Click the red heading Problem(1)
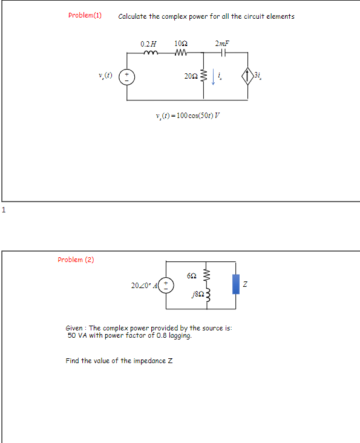click(x=85, y=16)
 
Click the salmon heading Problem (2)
click(x=76, y=260)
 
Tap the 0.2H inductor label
click(x=148, y=44)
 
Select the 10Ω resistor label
click(x=180, y=44)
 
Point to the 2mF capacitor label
click(x=222, y=44)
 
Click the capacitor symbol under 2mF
click(x=222, y=53)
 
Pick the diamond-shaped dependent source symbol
click(x=247, y=76)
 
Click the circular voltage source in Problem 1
click(x=127, y=77)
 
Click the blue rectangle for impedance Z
click(x=235, y=283)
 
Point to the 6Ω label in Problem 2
click(x=192, y=275)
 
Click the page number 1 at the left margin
click(x=3, y=210)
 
